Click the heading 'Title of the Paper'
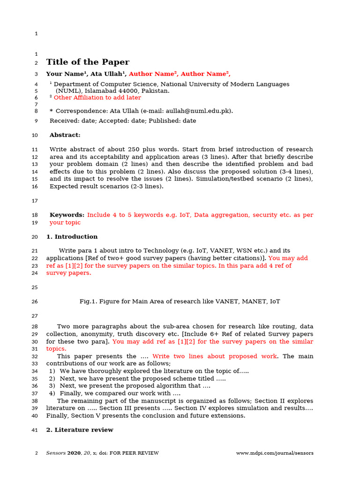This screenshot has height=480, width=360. tap(88, 62)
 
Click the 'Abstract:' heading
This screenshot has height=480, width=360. tap(65, 135)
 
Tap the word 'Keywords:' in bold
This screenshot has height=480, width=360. tap(67, 215)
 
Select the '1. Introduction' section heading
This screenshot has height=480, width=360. tap(72, 237)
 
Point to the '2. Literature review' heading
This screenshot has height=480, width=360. tap(79, 430)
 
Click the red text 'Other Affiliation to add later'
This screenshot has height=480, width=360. tap(97, 97)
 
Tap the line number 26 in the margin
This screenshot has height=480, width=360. tap(35, 302)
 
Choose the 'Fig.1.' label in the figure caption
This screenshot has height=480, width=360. tap(87, 301)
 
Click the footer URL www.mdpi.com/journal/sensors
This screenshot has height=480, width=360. tap(275, 453)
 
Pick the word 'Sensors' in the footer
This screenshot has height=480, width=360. tap(56, 453)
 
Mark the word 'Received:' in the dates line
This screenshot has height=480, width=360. tap(64, 120)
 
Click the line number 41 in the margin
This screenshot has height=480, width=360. tap(35, 430)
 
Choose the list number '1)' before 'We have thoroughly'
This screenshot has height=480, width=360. tap(52, 371)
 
